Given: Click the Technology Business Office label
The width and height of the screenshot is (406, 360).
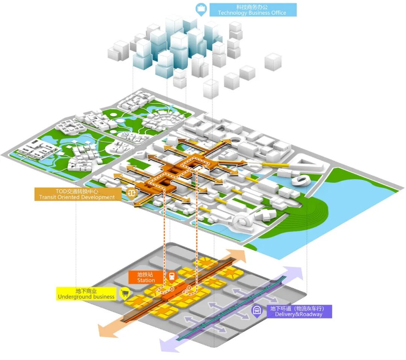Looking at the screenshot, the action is (252, 10).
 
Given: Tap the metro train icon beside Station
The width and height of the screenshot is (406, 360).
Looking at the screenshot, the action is (171, 277).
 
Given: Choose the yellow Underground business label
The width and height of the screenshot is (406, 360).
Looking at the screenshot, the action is (86, 294).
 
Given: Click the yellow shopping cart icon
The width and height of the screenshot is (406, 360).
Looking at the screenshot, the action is (124, 293).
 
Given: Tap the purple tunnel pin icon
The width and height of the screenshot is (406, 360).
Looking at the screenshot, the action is (257, 311).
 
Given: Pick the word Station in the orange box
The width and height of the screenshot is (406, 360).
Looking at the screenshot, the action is (146, 280).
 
